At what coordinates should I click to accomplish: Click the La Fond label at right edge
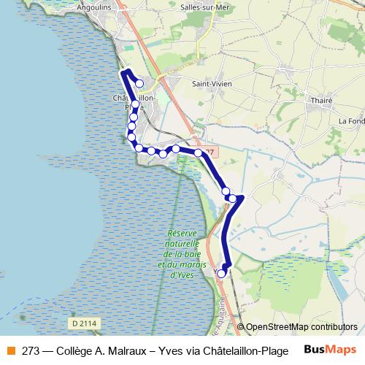(x=351, y=120)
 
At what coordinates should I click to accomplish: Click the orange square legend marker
(x=11, y=350)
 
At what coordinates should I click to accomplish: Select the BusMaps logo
(x=329, y=350)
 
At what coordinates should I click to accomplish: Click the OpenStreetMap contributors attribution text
(x=301, y=327)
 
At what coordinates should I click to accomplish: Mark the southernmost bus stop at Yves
(x=222, y=274)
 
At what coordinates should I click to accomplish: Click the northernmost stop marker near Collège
(x=139, y=83)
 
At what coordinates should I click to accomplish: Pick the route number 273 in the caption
(x=31, y=350)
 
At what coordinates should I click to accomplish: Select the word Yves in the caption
(x=166, y=350)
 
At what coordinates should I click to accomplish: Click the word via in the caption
(x=188, y=350)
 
